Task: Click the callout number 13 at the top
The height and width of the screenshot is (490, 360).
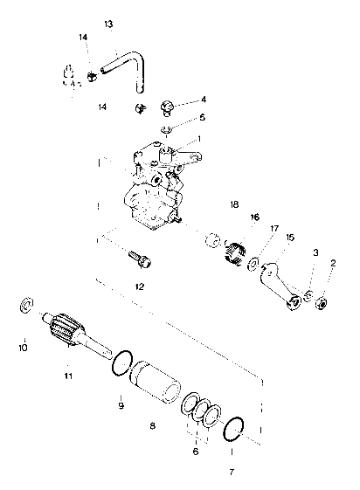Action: click(x=108, y=24)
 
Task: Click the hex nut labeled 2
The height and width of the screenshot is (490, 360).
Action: click(x=320, y=303)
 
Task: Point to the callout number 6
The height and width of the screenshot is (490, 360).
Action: click(x=196, y=452)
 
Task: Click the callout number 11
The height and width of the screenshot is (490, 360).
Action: click(x=66, y=376)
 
